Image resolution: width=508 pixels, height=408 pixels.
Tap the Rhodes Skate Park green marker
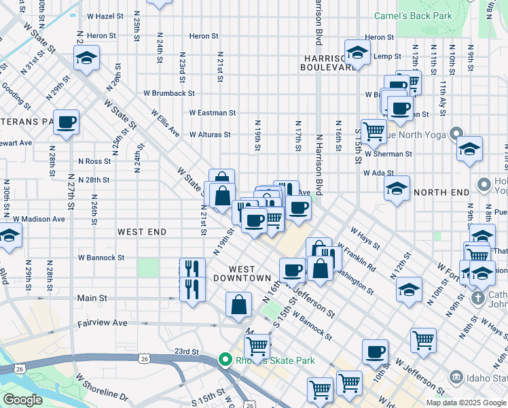pyautogui.click(x=224, y=360)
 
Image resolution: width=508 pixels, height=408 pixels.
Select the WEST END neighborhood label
pyautogui.click(x=142, y=232)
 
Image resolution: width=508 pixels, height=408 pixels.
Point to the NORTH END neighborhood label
pyautogui.click(x=441, y=192)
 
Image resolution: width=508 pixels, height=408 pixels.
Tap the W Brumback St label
pyautogui.click(x=169, y=93)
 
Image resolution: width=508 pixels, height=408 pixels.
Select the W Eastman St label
pyautogui.click(x=213, y=113)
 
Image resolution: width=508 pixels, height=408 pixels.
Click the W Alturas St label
pyautogui.click(x=211, y=135)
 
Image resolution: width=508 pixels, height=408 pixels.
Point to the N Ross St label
pyautogui.click(x=94, y=161)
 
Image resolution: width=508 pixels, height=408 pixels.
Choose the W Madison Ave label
pyautogui.click(x=39, y=219)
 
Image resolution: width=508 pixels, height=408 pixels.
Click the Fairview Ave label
pyautogui.click(x=102, y=324)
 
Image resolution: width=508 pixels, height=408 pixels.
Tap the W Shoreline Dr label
pyautogui.click(x=102, y=386)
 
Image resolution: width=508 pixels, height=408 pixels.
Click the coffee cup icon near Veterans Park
pyautogui.click(x=67, y=123)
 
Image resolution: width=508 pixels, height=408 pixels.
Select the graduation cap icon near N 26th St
pyautogui.click(x=86, y=58)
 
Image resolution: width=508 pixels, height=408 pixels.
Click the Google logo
pyautogui.click(x=22, y=399)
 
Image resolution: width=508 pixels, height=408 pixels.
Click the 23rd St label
pyautogui.click(x=185, y=352)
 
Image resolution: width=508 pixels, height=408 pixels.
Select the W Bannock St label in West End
pyautogui.click(x=101, y=258)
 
